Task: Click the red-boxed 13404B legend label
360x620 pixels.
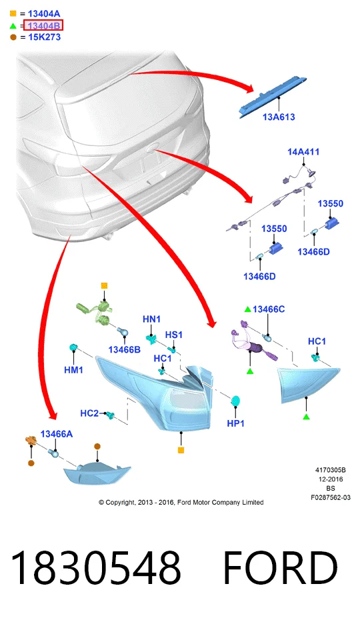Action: point(43,26)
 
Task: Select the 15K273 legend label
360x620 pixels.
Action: point(44,37)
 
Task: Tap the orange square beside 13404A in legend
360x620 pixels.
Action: point(13,14)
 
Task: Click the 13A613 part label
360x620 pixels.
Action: point(279,117)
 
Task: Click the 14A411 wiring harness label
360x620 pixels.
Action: point(303,152)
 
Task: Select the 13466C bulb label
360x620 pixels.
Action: point(269,309)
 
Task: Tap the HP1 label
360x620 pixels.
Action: point(236,423)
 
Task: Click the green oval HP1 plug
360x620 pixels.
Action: point(236,401)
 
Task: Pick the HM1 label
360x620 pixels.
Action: point(73,370)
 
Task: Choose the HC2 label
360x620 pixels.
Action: point(89,413)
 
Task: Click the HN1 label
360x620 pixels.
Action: point(151,319)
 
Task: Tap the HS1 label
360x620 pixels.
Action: point(174,335)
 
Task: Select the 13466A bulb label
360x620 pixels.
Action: point(57,434)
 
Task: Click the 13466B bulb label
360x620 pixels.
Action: point(124,349)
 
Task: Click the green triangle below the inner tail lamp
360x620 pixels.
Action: point(306,417)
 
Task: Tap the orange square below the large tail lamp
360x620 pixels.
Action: point(181,450)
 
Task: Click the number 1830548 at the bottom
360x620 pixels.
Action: point(95,567)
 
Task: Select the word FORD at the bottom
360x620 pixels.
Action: point(281,568)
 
